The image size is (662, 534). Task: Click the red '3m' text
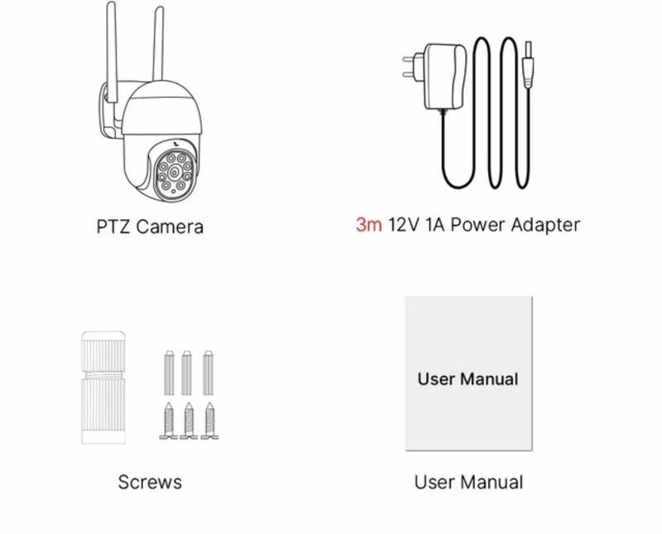[x=368, y=224]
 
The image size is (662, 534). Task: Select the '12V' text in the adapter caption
[x=404, y=224]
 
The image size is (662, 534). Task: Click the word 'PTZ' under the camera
[x=113, y=226]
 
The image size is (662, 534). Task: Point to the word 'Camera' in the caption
[x=170, y=226]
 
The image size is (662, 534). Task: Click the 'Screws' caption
[x=150, y=482]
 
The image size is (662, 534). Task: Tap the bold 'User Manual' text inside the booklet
[x=468, y=379]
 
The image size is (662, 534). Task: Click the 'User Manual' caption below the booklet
[x=468, y=482]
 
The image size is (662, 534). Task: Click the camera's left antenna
[x=112, y=51]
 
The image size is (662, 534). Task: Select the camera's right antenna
[x=158, y=44]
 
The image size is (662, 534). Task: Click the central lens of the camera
[x=175, y=172]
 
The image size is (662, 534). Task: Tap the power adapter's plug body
[x=444, y=76]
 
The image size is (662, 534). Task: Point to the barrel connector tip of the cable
[x=528, y=64]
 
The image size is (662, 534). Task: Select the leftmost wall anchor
[x=169, y=373]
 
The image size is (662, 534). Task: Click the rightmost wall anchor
[x=209, y=373]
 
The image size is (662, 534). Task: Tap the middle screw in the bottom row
[x=189, y=421]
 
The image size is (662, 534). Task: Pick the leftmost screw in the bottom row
[x=169, y=421]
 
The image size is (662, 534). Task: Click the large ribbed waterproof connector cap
[x=103, y=388]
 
